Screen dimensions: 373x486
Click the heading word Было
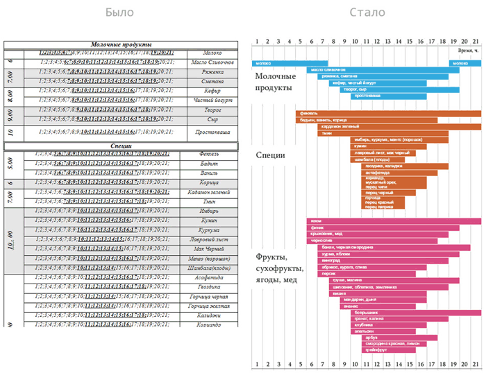119,12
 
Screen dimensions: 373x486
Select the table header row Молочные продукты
121,44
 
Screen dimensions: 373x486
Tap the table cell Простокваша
213,131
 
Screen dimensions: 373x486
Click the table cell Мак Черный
213,248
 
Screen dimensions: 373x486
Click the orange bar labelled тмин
383,133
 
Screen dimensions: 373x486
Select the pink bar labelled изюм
393,221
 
